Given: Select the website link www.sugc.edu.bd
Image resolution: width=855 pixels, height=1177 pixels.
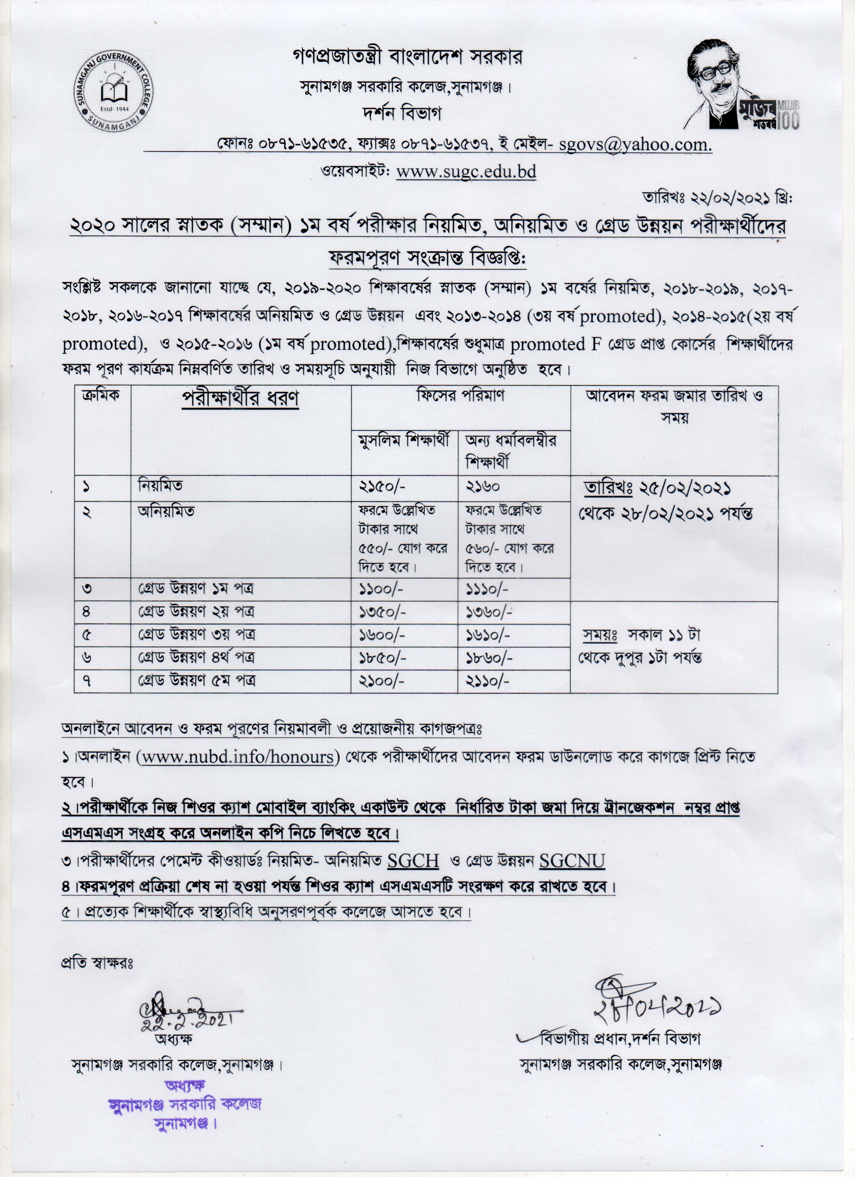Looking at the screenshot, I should [x=466, y=171].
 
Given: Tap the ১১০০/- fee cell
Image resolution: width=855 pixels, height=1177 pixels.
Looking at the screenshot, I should [x=381, y=589].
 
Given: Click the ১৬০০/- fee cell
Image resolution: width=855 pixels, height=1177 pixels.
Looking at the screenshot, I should [x=381, y=635].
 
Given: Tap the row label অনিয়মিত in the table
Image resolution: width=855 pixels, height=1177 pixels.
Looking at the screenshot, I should [x=166, y=511].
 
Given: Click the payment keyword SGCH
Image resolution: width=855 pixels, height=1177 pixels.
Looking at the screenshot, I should [x=413, y=861].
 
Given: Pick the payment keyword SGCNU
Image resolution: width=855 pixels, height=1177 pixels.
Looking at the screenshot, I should [x=572, y=861].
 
